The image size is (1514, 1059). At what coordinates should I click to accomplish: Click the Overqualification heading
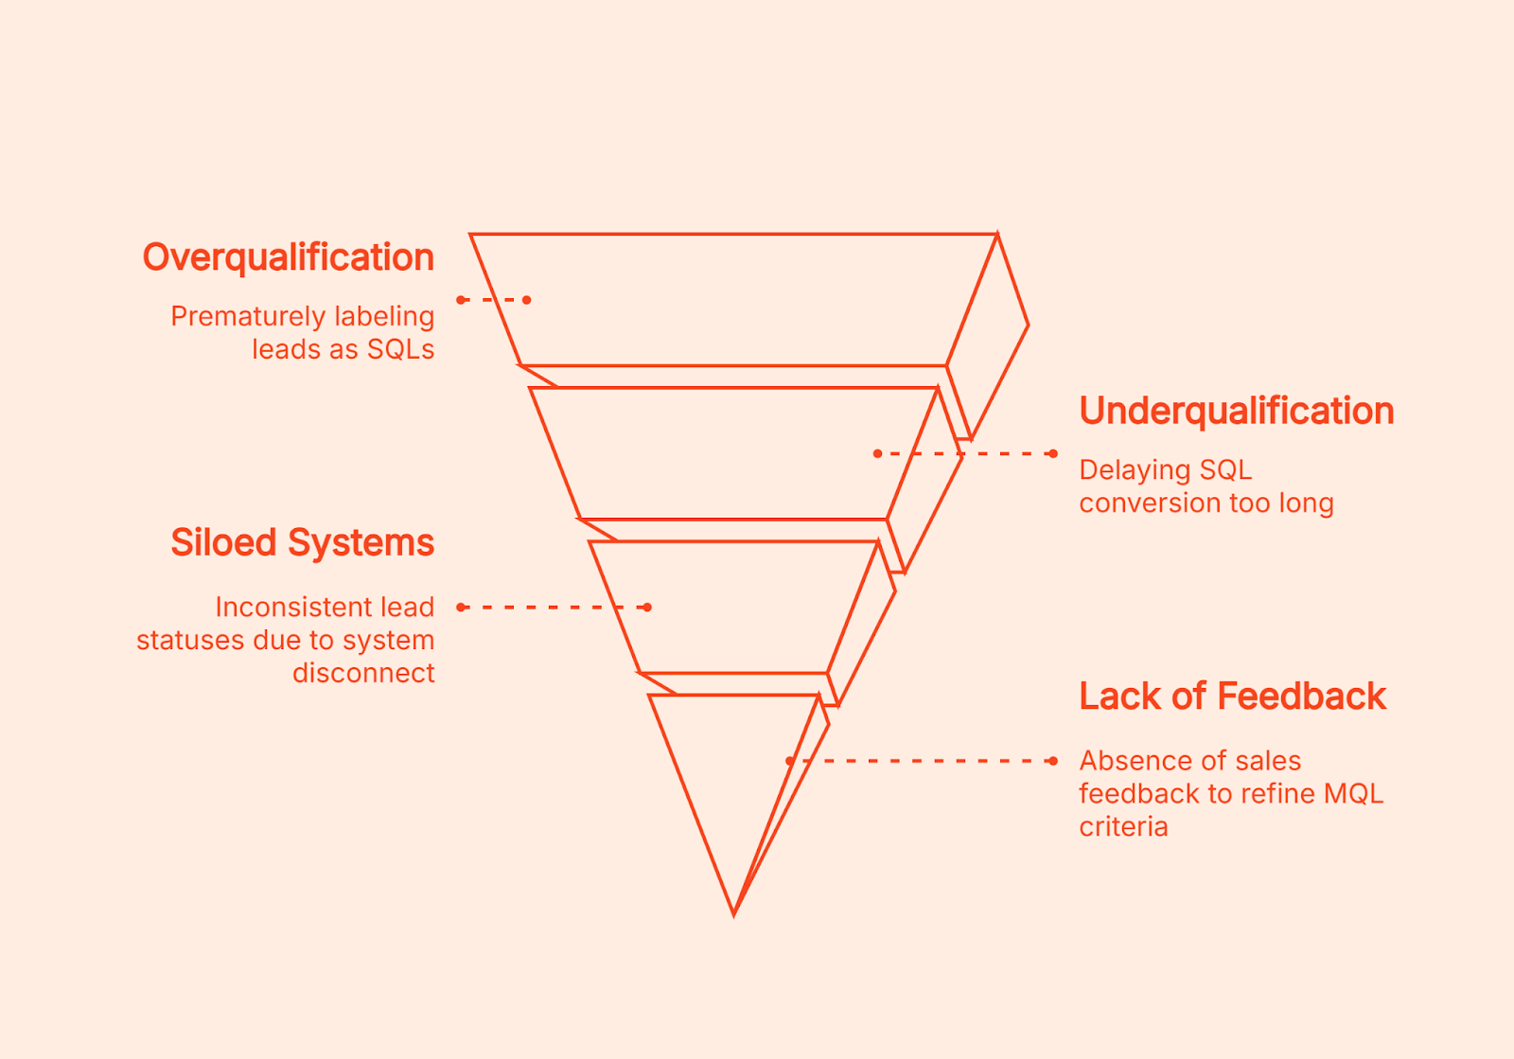[288, 257]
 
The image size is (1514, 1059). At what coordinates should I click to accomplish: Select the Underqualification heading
[1236, 411]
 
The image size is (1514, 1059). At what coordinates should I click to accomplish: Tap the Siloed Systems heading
[302, 542]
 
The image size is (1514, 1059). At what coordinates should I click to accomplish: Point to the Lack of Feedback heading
[1232, 696]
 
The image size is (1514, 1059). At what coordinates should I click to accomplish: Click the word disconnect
[363, 673]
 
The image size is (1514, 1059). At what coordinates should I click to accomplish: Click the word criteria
[1123, 826]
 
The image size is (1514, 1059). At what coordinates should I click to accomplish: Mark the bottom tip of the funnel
[734, 913]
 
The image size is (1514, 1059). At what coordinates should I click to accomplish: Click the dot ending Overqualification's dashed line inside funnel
[527, 300]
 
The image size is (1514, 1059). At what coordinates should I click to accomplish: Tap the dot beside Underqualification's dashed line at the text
[1053, 453]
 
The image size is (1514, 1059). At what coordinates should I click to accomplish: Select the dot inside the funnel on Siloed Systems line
[647, 607]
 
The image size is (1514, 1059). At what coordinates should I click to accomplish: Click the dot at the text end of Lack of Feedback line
[1053, 760]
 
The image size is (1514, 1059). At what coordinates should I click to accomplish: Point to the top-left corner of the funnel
[471, 235]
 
